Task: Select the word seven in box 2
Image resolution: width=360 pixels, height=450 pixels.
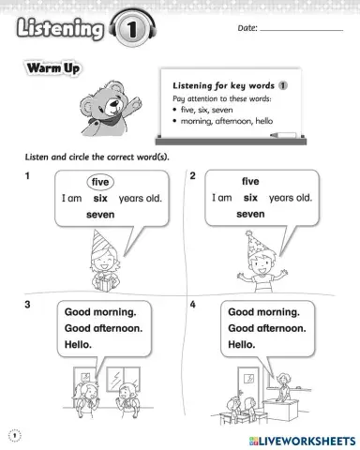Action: click(x=250, y=214)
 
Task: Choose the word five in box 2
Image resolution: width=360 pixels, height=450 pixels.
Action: click(x=250, y=181)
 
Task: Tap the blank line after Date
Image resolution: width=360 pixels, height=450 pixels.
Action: click(x=301, y=31)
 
